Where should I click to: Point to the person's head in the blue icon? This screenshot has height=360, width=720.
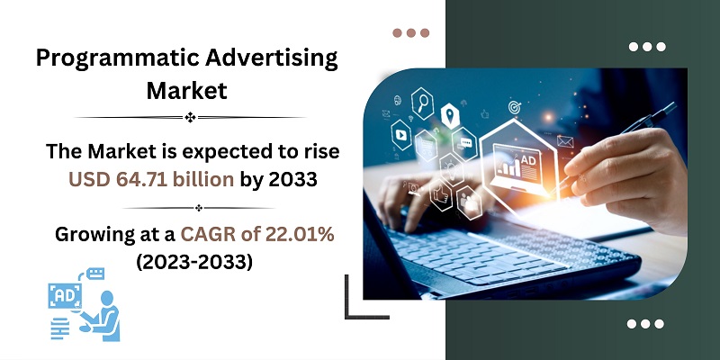pyautogui.click(x=107, y=298)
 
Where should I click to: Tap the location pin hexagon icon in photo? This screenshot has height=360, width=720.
pyautogui.click(x=450, y=114)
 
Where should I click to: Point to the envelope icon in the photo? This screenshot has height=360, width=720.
pyautogui.click(x=565, y=140)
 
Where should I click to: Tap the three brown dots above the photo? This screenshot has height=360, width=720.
pyautogui.click(x=411, y=32)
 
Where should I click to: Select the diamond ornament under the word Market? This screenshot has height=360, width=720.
pyautogui.click(x=190, y=117)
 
